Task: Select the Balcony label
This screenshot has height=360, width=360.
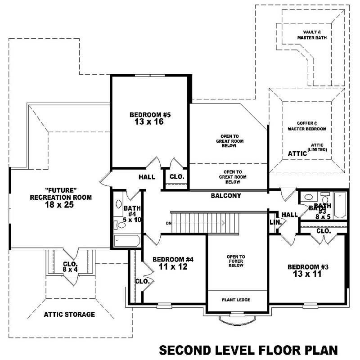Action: [226, 196]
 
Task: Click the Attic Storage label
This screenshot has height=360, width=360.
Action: [69, 314]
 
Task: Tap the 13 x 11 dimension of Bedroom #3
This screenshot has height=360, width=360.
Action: [308, 274]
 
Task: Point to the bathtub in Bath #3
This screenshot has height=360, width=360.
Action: [340, 205]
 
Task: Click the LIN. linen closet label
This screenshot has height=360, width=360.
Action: [275, 222]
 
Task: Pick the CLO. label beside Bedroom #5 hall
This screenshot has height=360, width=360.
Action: [176, 177]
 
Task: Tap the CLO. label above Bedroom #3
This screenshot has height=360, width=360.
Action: [324, 231]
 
